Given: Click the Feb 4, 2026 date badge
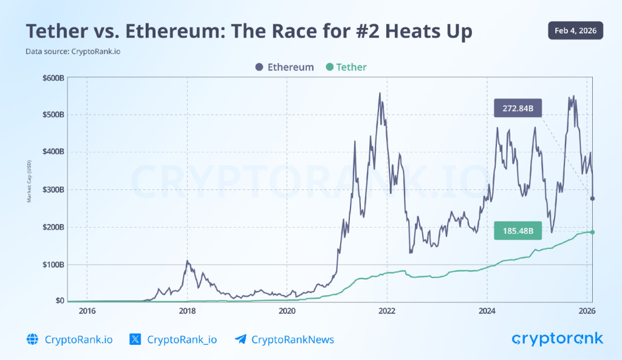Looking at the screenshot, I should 575,30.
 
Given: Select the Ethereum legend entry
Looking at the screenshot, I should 284,67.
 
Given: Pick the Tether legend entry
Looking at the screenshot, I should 346,67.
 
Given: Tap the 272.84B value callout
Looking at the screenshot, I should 518,109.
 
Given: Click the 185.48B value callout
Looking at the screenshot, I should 518,231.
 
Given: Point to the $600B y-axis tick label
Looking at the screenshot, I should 53,78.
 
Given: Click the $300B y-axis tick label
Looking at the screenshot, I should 53,189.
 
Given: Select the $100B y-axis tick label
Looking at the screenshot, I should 53,264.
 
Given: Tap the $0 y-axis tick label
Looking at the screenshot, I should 59,301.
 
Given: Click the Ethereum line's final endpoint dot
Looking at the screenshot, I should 592,199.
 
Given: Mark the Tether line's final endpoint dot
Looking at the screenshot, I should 592,232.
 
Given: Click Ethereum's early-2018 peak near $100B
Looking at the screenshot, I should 188,262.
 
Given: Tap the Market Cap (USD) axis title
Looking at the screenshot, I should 29,181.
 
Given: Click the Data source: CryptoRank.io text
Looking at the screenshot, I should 72,52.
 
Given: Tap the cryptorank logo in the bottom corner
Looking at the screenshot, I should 557,339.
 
